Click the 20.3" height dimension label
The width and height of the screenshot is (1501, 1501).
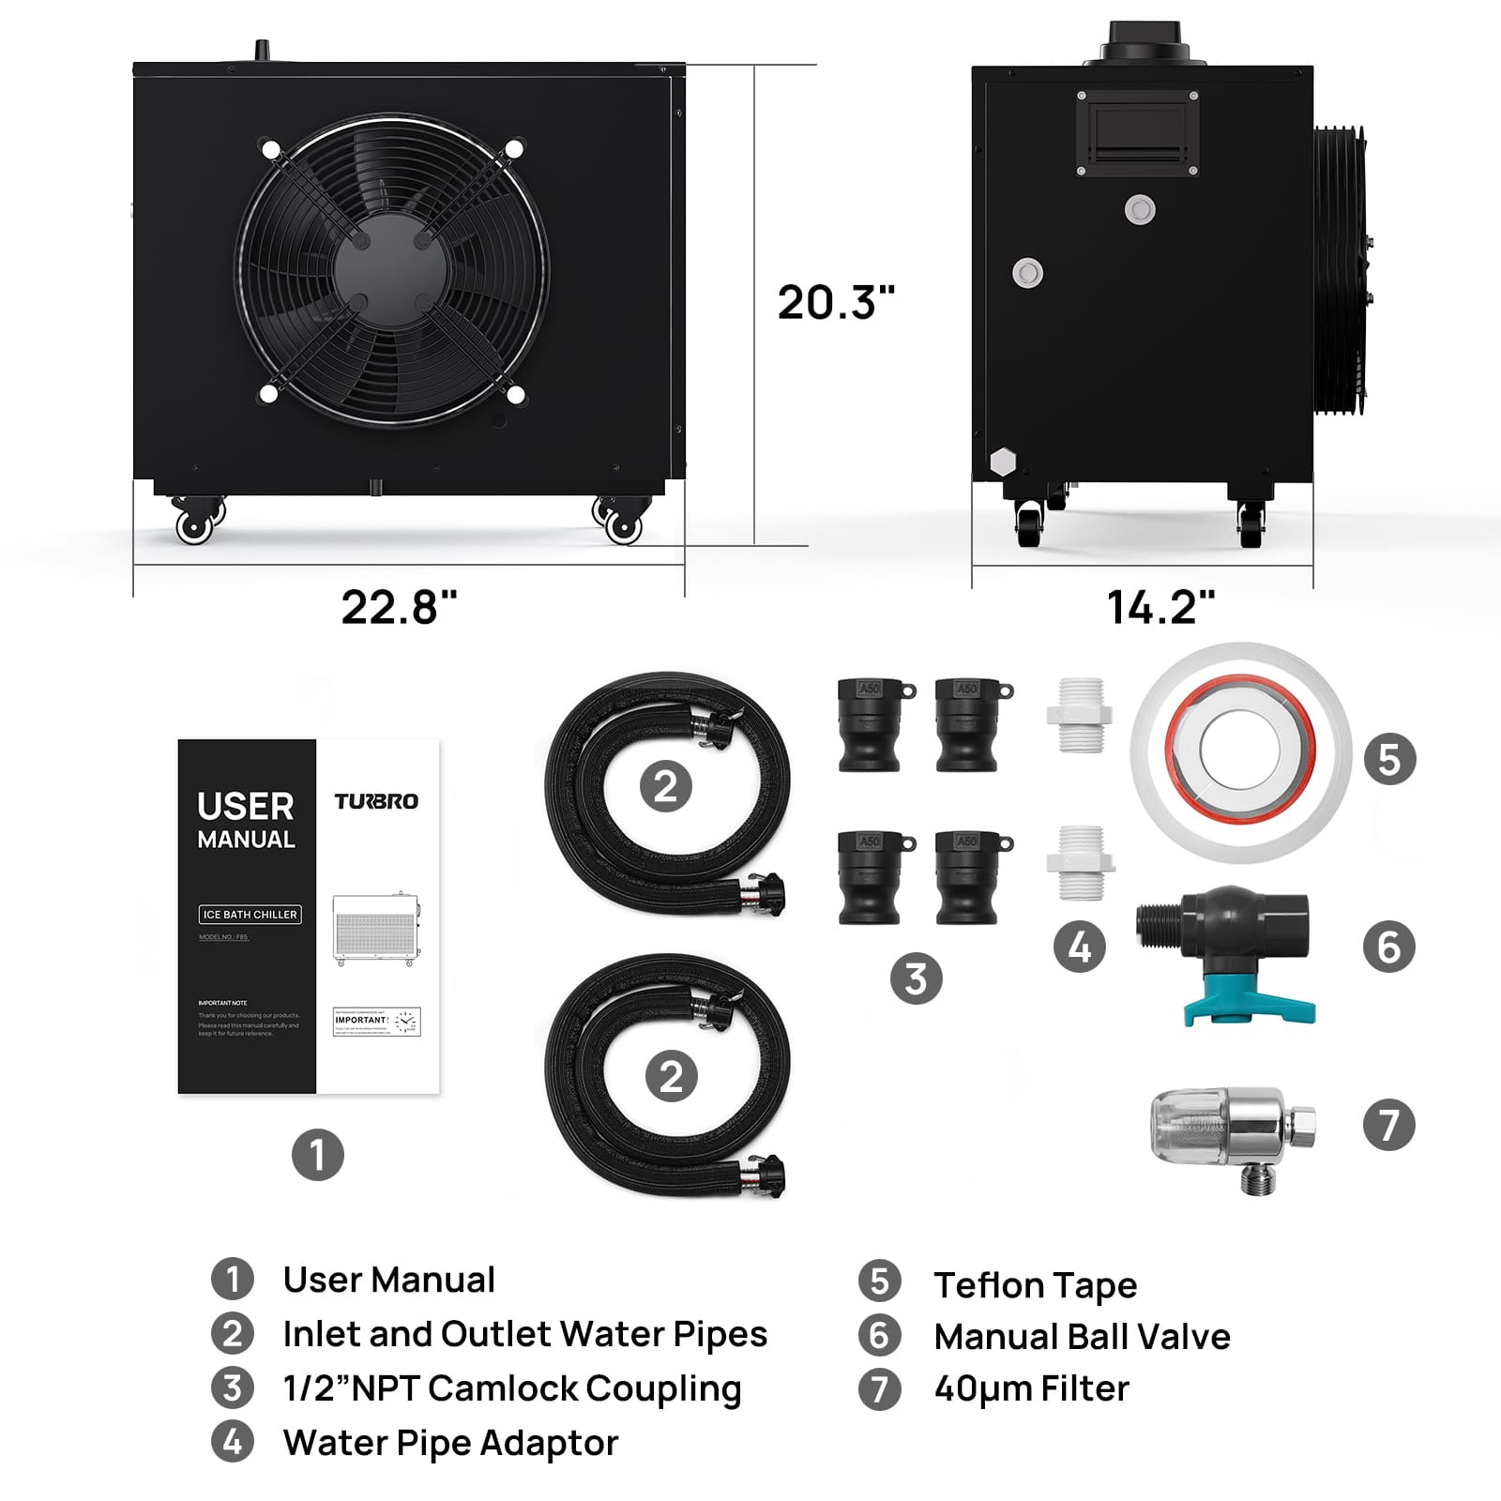pyautogui.click(x=835, y=302)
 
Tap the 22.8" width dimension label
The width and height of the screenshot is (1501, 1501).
pyautogui.click(x=399, y=607)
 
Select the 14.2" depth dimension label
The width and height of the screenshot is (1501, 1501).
pyautogui.click(x=1160, y=607)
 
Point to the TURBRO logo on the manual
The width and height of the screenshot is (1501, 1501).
pyautogui.click(x=376, y=801)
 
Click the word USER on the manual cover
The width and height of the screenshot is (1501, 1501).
pyautogui.click(x=246, y=806)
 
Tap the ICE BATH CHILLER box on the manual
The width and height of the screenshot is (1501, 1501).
pyautogui.click(x=250, y=915)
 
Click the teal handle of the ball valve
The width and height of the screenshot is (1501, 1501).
pyautogui.click(x=1248, y=1008)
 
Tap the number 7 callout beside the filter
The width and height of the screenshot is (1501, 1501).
pyautogui.click(x=1388, y=1125)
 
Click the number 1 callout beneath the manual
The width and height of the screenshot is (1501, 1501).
pyautogui.click(x=317, y=1155)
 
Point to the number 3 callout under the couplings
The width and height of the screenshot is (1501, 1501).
pyautogui.click(x=916, y=978)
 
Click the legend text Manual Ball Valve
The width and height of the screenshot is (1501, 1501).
pyautogui.click(x=1082, y=1336)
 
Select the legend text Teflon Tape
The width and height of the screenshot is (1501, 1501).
pyautogui.click(x=1035, y=1284)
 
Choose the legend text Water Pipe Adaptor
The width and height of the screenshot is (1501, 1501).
pyautogui.click(x=450, y=1443)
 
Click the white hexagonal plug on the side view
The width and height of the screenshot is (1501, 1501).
pyautogui.click(x=1003, y=462)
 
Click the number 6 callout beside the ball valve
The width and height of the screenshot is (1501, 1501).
pyautogui.click(x=1388, y=947)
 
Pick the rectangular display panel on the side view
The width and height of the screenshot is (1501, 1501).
pyautogui.click(x=1137, y=133)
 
